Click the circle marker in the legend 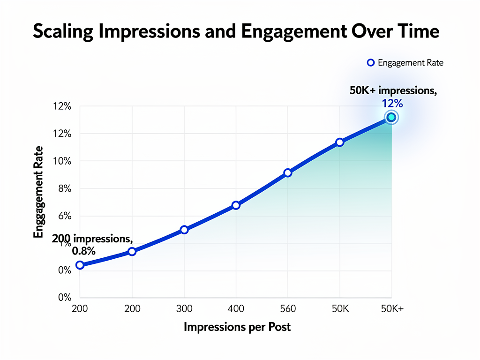[371, 63]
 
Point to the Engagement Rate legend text [411, 63]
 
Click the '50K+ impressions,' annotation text [393, 91]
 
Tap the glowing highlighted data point [391, 117]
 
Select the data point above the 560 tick [288, 173]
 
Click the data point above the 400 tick [236, 205]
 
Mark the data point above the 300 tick [184, 230]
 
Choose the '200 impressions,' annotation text [92, 239]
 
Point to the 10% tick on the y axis [62, 161]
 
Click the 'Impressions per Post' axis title [237, 327]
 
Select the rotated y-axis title [38, 192]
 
